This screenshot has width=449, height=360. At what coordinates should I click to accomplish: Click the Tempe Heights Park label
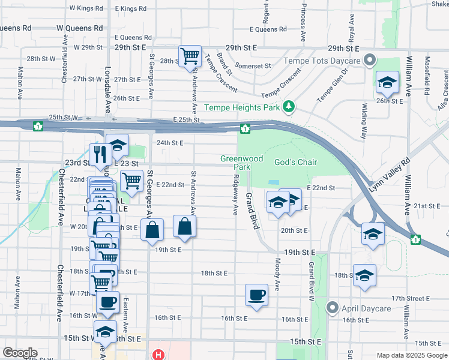click(x=243, y=107)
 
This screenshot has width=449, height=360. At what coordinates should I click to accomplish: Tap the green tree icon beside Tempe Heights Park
click(x=289, y=107)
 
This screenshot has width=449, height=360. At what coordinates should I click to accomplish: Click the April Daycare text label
click(x=366, y=308)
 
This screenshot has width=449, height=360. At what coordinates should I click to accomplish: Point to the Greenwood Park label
click(x=241, y=162)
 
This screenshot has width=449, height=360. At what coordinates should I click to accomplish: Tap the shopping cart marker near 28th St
click(x=190, y=57)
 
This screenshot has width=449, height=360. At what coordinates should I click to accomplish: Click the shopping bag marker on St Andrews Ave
click(x=184, y=227)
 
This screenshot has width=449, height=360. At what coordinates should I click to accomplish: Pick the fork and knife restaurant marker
click(x=98, y=155)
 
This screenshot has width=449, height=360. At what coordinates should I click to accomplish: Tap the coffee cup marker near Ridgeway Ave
click(x=256, y=295)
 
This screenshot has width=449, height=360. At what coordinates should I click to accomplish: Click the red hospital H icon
click(x=158, y=355)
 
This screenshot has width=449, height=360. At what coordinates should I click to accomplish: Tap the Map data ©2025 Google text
click(x=411, y=355)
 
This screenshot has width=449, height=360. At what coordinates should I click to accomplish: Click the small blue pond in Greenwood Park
click(x=274, y=182)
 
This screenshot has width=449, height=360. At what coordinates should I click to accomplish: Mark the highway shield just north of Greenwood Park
click(x=245, y=128)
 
